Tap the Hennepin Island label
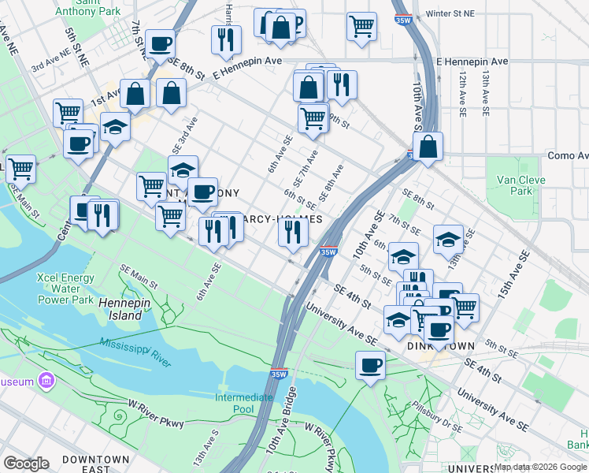pos(120,309)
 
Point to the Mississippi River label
pos(135,352)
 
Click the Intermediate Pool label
pos(244,403)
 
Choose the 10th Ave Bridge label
pos(281,426)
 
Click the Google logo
pos(25,464)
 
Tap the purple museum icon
pos(46,382)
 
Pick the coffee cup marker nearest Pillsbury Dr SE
pos(370,365)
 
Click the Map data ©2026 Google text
pos(540,467)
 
